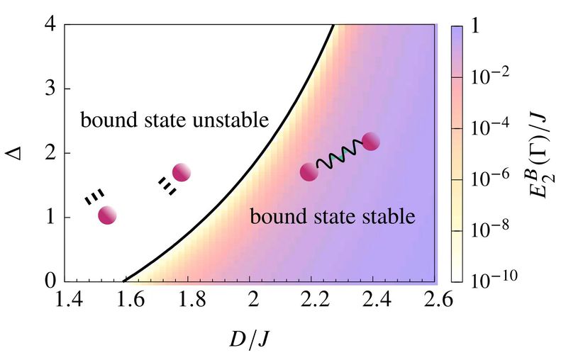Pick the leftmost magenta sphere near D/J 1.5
(108, 215)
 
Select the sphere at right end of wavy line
(371, 142)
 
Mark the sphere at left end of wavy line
(309, 172)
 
